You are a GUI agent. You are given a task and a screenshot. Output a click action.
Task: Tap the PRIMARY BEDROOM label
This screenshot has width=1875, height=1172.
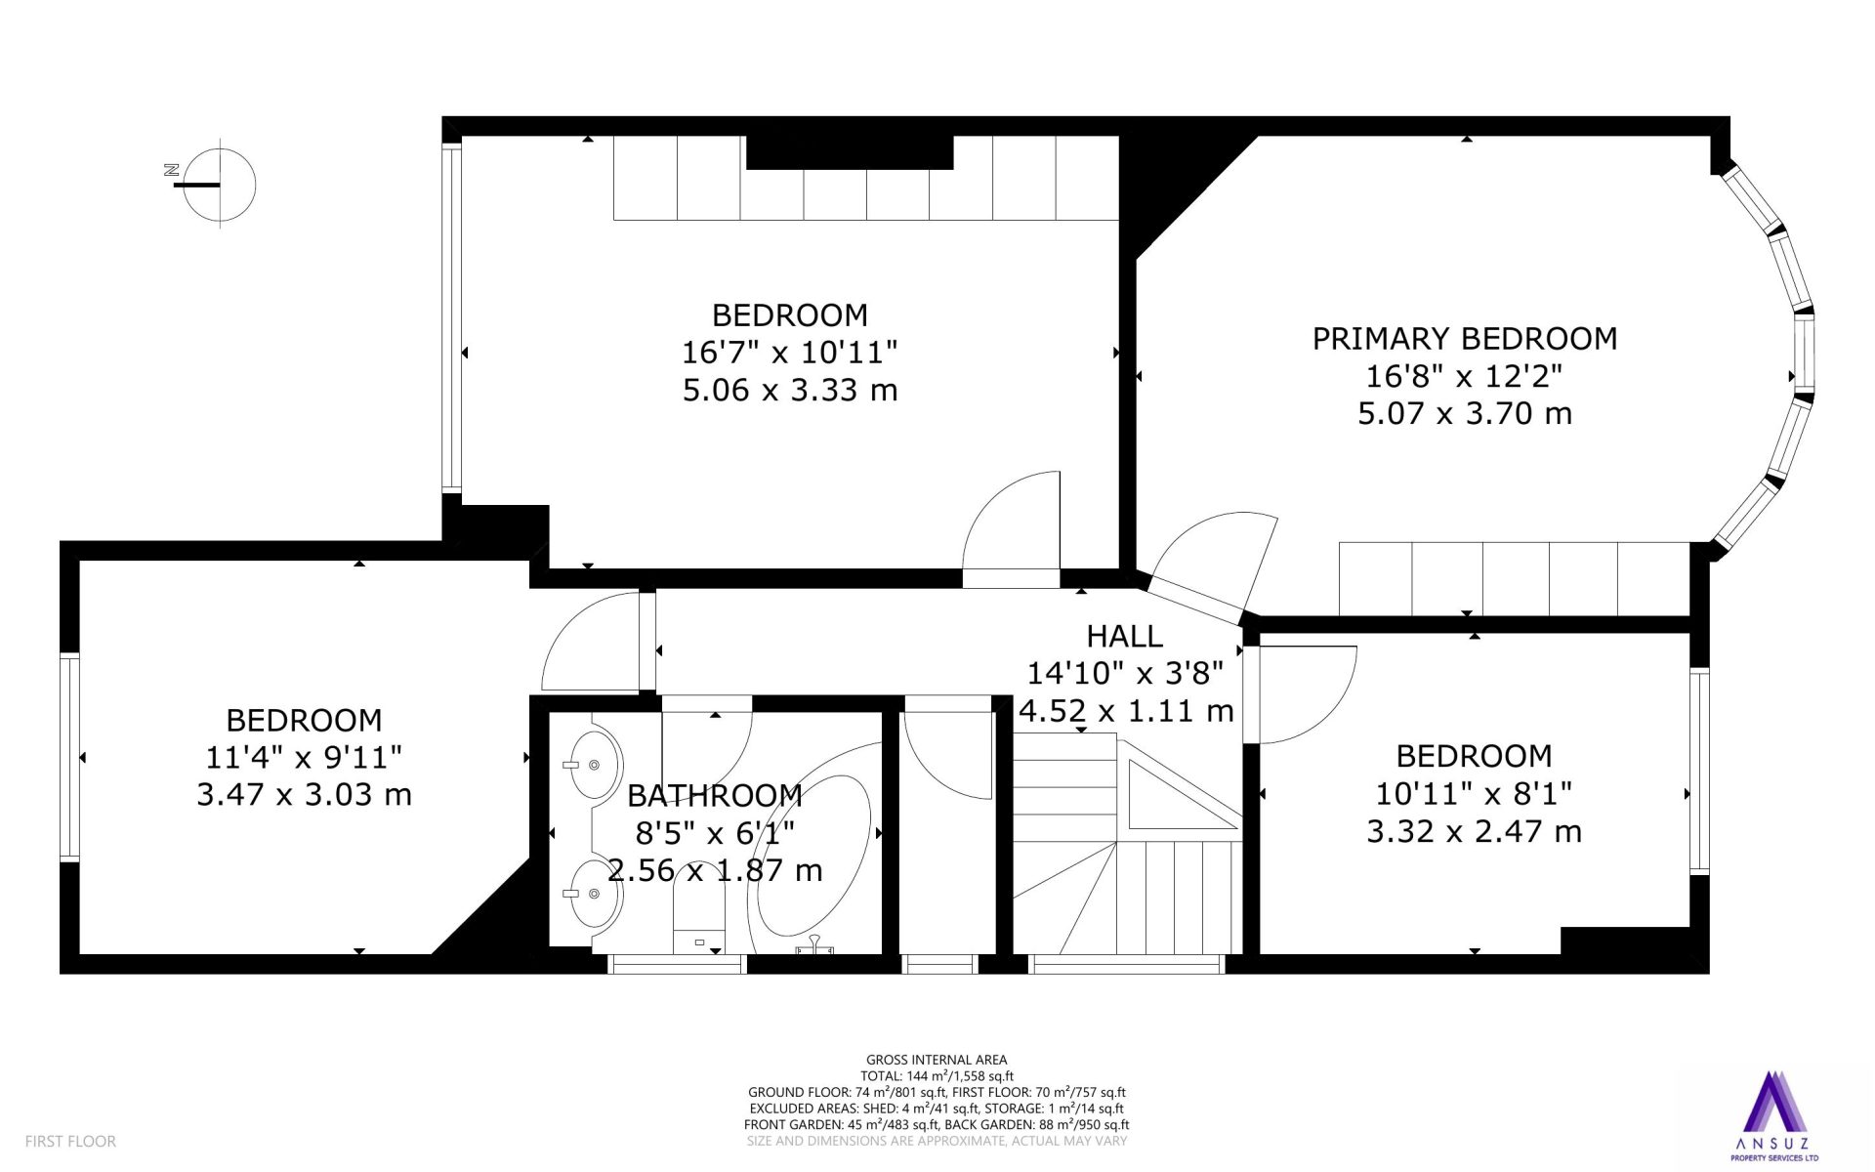[1465, 339]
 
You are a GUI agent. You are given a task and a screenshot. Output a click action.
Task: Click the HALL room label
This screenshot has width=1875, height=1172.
[1125, 637]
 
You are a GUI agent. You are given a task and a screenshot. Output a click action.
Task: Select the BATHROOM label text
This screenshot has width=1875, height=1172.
[715, 796]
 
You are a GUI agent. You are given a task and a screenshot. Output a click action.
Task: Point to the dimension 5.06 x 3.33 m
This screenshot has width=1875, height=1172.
[790, 390]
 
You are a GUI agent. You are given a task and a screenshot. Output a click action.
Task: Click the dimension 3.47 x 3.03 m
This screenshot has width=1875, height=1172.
[304, 794]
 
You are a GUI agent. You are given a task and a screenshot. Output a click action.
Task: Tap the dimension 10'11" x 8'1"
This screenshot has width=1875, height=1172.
[1474, 793]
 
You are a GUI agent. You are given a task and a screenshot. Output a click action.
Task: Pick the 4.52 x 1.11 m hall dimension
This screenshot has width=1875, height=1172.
[1126, 711]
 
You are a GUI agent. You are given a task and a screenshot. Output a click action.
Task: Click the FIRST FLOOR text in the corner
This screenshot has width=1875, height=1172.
[70, 1141]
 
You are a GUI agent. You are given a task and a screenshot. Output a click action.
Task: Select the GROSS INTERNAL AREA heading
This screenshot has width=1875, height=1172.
[937, 1060]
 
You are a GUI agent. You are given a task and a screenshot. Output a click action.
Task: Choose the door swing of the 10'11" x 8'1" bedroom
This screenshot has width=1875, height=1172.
[1307, 694]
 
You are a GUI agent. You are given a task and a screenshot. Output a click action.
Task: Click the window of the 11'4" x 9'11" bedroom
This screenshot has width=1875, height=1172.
[69, 757]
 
